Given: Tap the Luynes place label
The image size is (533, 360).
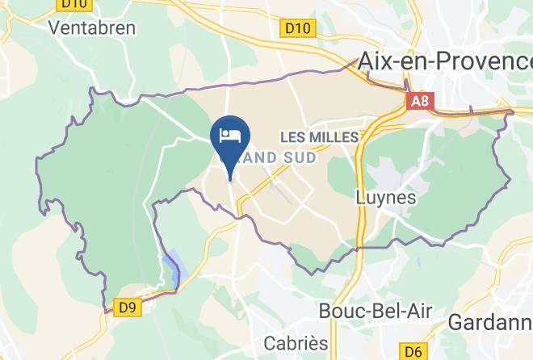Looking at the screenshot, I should (386, 197).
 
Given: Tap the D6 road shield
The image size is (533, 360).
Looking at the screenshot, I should (413, 351).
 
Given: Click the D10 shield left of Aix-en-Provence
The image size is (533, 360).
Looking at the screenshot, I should (297, 29).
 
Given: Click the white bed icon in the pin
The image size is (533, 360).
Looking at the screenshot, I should (231, 134).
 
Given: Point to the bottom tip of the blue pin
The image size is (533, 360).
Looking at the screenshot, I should (231, 180).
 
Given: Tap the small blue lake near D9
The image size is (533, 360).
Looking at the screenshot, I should (174, 266).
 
